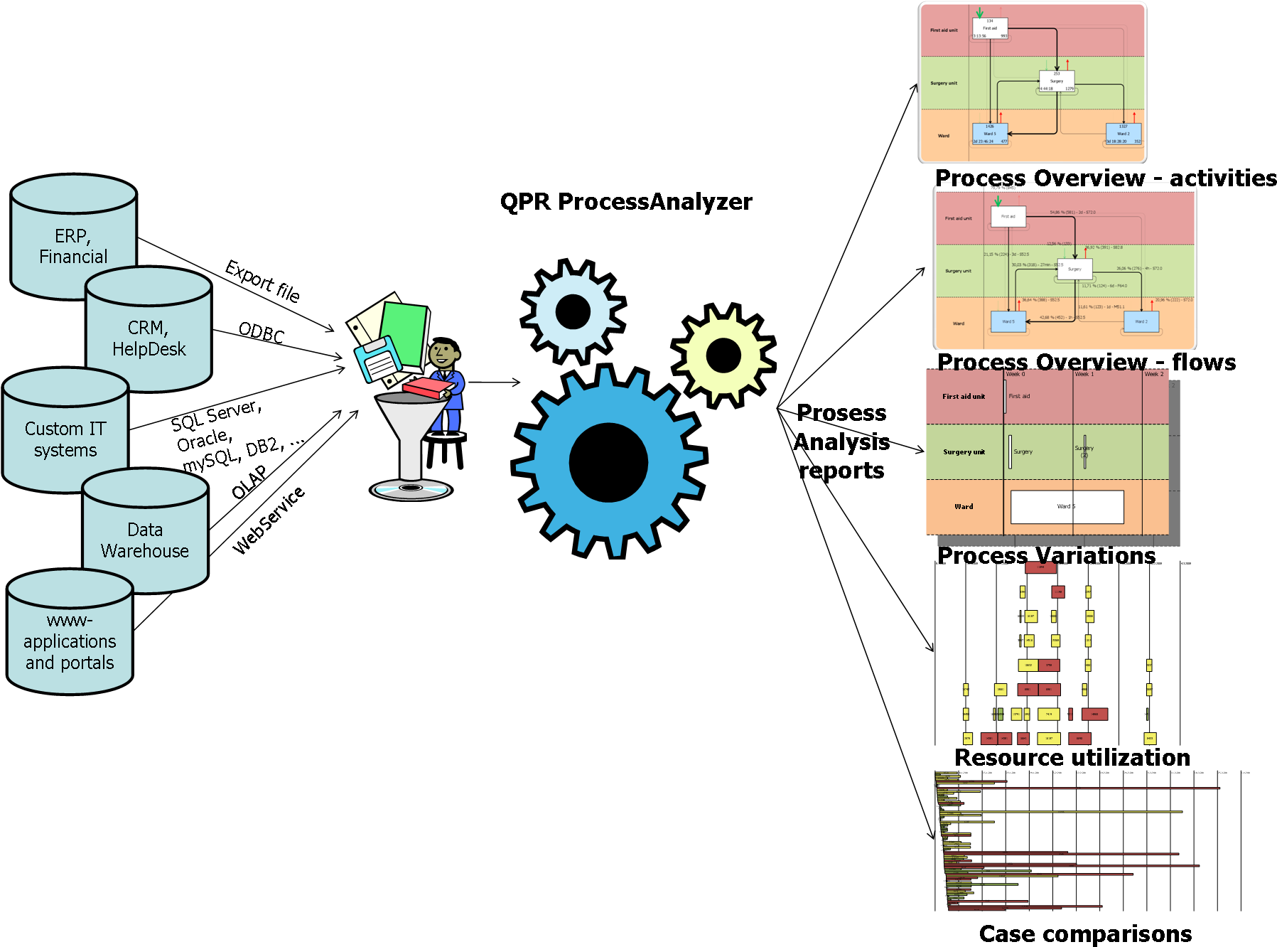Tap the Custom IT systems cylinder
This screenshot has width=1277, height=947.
click(65, 437)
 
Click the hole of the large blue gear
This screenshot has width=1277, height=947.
click(608, 462)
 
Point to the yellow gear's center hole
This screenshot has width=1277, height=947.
click(723, 355)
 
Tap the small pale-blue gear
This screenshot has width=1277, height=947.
click(573, 311)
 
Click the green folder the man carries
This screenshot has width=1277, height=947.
click(403, 334)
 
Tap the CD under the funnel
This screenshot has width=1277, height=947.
click(411, 488)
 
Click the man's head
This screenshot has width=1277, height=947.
click(443, 353)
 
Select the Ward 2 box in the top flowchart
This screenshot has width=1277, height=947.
click(1123, 134)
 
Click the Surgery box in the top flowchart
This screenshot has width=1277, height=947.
click(1057, 80)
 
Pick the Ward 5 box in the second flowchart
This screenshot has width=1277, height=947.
click(1008, 321)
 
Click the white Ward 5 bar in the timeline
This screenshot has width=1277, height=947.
click(1067, 507)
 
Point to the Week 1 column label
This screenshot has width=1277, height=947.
click(1084, 374)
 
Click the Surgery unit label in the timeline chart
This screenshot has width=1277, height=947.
click(964, 452)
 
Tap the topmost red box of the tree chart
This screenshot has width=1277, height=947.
click(1040, 567)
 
